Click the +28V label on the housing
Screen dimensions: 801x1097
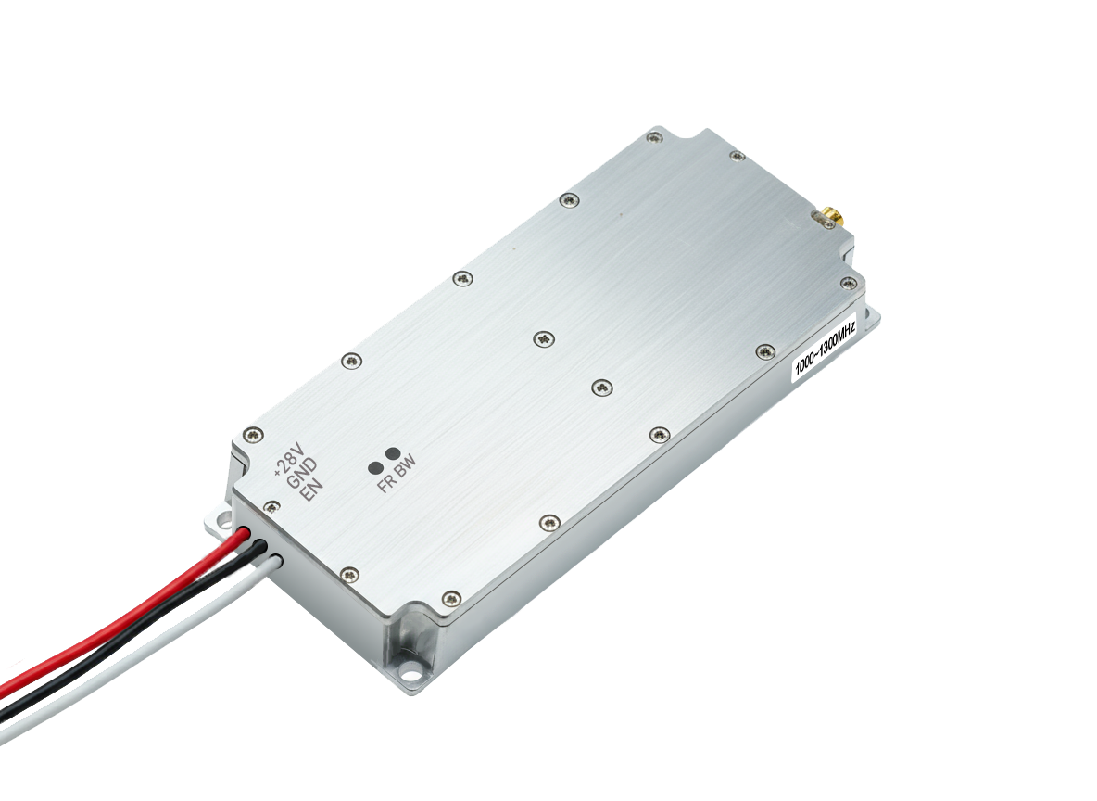pos(287,461)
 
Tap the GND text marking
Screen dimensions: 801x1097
pos(302,473)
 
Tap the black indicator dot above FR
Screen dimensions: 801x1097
pos(376,466)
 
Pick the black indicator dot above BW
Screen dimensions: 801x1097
pos(393,454)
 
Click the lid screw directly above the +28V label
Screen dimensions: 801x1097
pos(251,434)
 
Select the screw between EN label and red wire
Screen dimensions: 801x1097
pos(271,506)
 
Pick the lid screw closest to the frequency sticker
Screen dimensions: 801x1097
pos(765,350)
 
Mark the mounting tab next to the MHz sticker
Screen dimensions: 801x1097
pos(870,319)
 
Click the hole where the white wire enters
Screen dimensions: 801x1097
pos(277,559)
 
